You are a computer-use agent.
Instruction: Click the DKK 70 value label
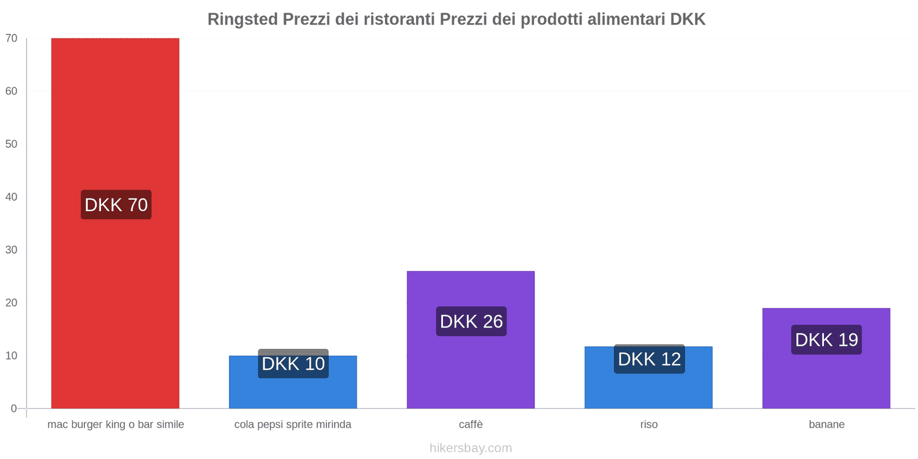coord(116,205)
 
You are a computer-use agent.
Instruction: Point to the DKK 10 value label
coord(293,364)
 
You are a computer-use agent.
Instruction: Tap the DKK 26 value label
coord(471,321)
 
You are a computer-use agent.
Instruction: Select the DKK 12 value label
coord(649,359)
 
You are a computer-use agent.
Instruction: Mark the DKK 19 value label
coord(826,340)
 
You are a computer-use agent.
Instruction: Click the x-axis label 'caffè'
coord(470,425)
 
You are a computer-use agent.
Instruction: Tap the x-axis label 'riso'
coord(649,425)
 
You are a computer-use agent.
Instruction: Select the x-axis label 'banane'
coord(826,425)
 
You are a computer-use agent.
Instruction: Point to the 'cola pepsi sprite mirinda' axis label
coord(293,425)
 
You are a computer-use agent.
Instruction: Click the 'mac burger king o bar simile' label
coord(115,425)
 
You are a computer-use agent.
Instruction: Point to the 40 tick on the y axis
coord(11,197)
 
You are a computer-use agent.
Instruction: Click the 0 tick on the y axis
coord(14,409)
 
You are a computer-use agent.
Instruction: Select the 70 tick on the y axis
coord(11,38)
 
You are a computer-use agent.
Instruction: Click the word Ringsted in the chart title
coord(243,20)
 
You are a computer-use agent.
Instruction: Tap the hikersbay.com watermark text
coord(470,448)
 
